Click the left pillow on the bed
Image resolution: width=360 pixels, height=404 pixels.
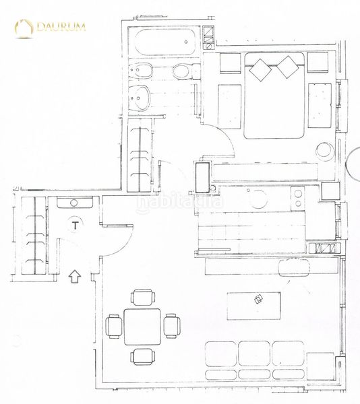click(x=260, y=67)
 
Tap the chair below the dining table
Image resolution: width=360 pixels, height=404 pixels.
click(x=142, y=356)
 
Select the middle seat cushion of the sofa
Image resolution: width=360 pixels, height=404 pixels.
click(x=254, y=353)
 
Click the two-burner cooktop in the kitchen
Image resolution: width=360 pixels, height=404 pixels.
click(x=297, y=196)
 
